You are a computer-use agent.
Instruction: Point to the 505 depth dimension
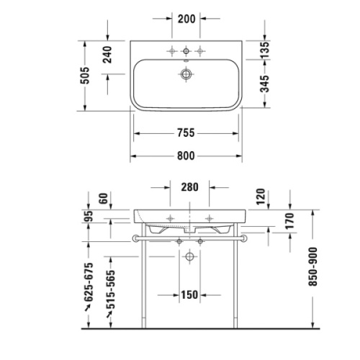click(85, 74)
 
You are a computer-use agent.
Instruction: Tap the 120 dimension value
click(261, 196)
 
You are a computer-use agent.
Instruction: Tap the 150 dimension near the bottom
click(189, 295)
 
